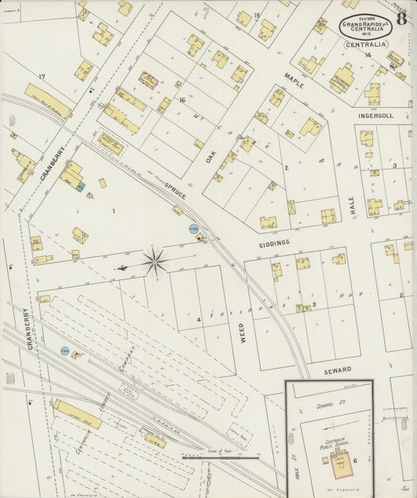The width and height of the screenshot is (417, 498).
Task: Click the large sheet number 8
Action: (401, 20)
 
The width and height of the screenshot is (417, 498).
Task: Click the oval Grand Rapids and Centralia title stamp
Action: (365, 27)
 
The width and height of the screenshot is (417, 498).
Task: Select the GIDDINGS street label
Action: (275, 243)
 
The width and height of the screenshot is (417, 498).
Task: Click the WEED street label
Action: (242, 330)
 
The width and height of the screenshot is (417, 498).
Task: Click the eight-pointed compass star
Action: (155, 262)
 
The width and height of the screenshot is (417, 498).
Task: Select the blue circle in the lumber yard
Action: (65, 352)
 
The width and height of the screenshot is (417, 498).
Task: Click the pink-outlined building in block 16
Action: (149, 80)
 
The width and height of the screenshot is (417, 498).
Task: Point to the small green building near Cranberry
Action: (80, 185)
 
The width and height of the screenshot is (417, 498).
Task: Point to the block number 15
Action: (257, 16)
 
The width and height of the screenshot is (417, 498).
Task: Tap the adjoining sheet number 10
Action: (10, 379)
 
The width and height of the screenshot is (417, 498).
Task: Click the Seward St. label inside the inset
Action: (333, 405)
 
